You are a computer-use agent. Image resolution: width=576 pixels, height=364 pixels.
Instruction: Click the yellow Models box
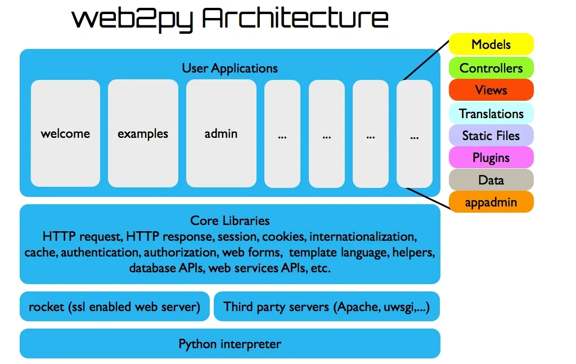click(491, 44)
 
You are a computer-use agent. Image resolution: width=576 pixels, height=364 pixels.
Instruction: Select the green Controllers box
click(491, 68)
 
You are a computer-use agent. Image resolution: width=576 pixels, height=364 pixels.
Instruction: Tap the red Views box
click(491, 90)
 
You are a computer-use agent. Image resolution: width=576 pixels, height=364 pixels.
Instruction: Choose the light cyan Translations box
click(491, 114)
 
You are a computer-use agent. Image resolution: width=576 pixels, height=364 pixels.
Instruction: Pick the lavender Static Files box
click(491, 136)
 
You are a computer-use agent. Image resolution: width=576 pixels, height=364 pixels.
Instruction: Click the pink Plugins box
click(491, 158)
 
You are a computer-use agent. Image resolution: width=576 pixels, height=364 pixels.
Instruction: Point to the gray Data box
click(491, 180)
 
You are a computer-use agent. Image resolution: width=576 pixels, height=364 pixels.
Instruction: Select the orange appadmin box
click(491, 202)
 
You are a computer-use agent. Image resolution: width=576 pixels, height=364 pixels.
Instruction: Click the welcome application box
click(65, 133)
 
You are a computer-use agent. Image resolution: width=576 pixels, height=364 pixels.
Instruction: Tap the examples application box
click(143, 133)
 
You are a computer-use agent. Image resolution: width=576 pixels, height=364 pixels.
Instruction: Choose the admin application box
click(221, 133)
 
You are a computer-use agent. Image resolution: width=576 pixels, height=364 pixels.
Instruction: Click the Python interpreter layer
click(229, 343)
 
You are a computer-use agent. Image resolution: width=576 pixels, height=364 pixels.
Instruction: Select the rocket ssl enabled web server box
click(115, 307)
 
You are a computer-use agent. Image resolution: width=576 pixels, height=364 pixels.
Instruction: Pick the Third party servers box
click(327, 307)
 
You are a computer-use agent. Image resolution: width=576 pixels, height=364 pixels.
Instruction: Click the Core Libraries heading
click(229, 221)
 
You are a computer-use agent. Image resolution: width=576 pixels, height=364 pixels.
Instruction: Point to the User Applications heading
click(229, 69)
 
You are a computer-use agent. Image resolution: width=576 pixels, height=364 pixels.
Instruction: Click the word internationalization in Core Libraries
click(362, 236)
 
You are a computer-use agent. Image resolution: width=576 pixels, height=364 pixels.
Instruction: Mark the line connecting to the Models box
click(426, 61)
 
